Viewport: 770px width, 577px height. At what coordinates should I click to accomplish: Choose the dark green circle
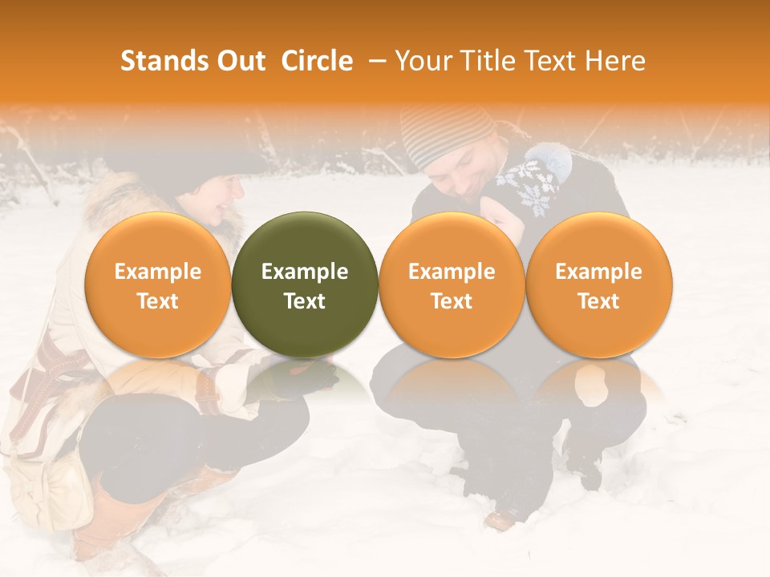305,284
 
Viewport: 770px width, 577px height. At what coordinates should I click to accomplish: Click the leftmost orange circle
157,284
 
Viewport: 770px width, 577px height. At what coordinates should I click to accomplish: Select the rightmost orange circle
598,284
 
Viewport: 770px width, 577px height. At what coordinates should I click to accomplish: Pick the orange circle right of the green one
452,284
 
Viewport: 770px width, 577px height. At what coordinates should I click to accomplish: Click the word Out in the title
241,61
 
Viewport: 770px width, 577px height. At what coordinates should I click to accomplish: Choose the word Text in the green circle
305,301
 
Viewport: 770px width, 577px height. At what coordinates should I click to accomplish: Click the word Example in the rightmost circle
598,272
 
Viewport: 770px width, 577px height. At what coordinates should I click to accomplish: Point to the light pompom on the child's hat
554,159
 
